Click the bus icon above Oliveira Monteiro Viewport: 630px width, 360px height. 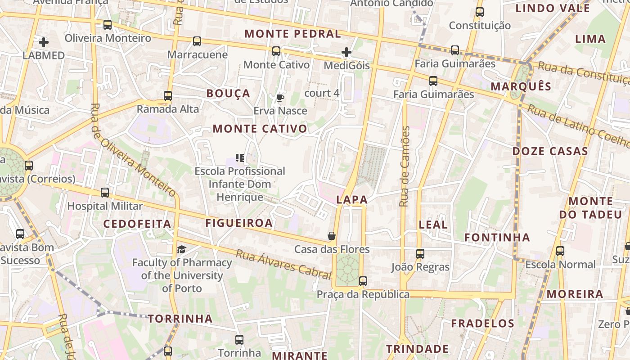click(107, 25)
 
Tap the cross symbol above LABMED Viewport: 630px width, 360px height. click(44, 42)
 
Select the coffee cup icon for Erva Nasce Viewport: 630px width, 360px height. click(280, 98)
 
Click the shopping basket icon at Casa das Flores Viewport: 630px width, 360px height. click(331, 236)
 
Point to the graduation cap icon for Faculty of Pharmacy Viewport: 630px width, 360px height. click(181, 249)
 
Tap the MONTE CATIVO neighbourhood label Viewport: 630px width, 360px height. click(260, 129)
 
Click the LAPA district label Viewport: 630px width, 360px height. click(352, 200)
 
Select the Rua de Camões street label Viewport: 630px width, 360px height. click(405, 166)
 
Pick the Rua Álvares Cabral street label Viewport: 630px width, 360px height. click(283, 264)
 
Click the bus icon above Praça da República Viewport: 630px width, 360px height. click(363, 281)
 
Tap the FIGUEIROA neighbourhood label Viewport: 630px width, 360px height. click(239, 223)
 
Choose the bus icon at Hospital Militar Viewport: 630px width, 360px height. click(105, 193)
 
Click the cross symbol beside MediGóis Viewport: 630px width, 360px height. click(346, 53)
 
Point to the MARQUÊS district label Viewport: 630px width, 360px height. click(521, 86)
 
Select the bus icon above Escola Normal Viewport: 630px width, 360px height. click(560, 251)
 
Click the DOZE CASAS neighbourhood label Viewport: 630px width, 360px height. click(550, 151)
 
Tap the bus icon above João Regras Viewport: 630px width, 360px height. click(420, 254)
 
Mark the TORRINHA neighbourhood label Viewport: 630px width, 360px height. click(180, 319)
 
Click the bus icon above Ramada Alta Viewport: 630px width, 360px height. click(168, 95)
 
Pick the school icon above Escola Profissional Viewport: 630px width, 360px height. click(240, 158)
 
